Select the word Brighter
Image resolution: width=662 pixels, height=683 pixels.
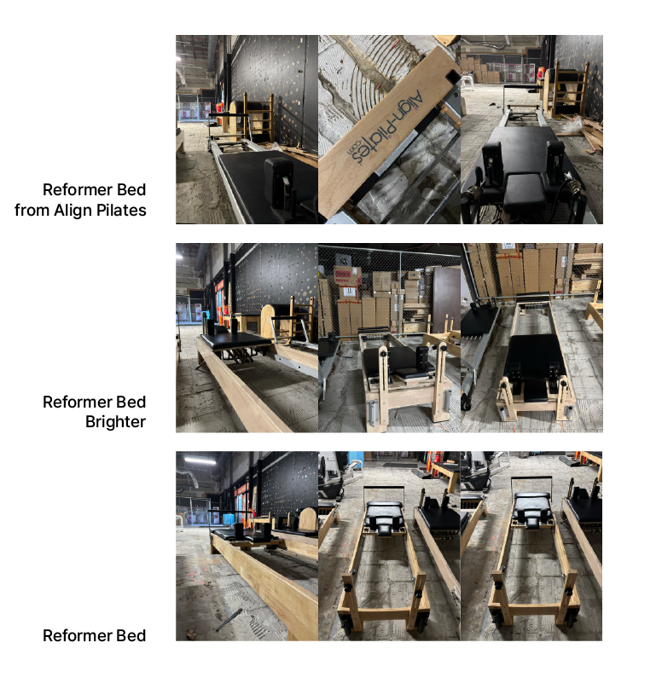[115, 421]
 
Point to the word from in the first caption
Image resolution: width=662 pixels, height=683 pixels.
[32, 210]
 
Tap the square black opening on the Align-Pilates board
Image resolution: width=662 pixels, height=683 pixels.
[453, 77]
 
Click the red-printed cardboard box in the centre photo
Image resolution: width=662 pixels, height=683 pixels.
[347, 275]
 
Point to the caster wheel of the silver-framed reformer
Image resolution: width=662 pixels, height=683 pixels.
[467, 404]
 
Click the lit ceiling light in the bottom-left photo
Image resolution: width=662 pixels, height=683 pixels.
[200, 459]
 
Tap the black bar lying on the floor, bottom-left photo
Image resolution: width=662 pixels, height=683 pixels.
[229, 619]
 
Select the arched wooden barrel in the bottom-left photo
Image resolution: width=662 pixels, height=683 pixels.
[308, 519]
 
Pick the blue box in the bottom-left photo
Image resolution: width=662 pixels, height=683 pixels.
[229, 518]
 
